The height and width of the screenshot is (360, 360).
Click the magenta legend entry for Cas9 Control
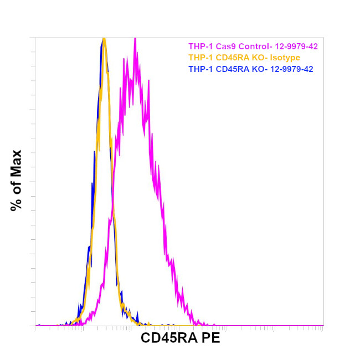coord(253,47)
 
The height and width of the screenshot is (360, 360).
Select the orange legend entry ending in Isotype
coord(244,58)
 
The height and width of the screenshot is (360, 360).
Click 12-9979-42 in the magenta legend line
coord(294,47)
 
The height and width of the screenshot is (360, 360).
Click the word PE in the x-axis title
coord(211,338)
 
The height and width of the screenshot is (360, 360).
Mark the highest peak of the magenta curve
coord(135,39)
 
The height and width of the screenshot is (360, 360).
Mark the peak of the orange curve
coord(104,39)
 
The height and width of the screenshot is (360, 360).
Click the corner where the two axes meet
coord(35,326)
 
